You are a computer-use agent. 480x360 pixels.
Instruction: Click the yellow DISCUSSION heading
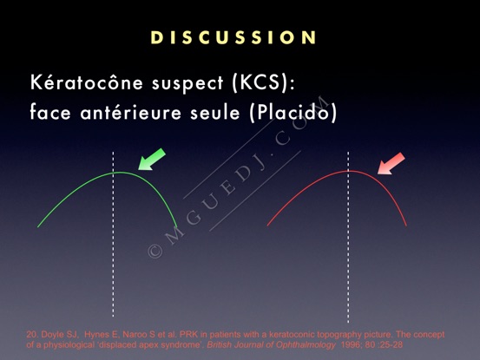(x=233, y=37)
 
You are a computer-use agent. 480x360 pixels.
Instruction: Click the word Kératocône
(x=87, y=82)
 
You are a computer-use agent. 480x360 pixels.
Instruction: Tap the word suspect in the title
(x=187, y=83)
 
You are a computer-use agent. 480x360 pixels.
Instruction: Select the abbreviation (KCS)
(x=263, y=82)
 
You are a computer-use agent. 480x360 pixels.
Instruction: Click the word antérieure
(x=131, y=112)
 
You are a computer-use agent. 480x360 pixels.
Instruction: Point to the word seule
(x=215, y=112)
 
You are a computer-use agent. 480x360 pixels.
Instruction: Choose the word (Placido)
(x=293, y=112)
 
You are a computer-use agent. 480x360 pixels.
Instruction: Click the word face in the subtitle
(x=50, y=112)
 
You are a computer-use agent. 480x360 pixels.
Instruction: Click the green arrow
(x=152, y=160)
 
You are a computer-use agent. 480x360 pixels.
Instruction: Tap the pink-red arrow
(x=391, y=164)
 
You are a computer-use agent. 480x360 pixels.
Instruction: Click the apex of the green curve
(x=120, y=173)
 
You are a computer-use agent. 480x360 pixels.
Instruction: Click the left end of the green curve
(x=38, y=227)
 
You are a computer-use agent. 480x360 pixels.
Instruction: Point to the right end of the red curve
(x=406, y=226)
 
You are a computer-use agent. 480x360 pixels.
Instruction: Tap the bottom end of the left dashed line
(x=113, y=317)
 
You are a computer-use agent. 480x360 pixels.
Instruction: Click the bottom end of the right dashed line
(x=348, y=322)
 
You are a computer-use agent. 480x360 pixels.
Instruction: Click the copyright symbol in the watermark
(x=155, y=251)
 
